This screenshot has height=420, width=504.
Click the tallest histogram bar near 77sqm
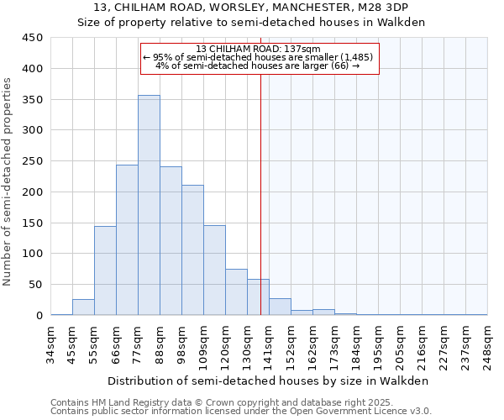click(149, 205)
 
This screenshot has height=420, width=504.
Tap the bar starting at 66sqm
click(127, 239)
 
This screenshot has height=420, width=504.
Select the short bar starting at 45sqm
click(83, 307)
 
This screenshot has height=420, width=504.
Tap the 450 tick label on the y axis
click(32, 38)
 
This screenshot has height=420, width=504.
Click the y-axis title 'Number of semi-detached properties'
click(8, 181)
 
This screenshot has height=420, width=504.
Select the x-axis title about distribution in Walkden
click(269, 381)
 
